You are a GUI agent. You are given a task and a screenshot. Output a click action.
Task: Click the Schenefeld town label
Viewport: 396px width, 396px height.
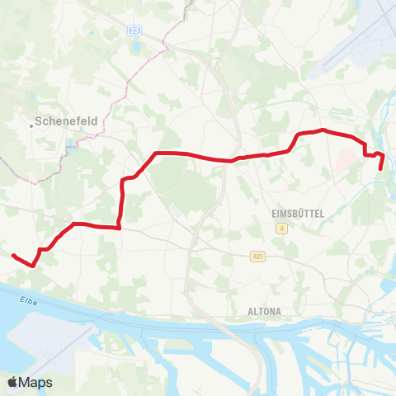point(68,120)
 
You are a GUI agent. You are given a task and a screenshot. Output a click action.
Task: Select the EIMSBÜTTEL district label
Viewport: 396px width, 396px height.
point(298,213)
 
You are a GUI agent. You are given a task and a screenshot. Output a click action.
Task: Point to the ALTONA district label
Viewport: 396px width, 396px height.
point(264,312)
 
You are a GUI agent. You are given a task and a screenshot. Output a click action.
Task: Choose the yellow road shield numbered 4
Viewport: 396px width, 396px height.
point(281,229)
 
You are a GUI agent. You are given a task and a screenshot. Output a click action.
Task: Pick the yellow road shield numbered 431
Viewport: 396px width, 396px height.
point(258,257)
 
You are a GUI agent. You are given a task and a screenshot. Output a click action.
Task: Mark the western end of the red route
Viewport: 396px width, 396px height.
point(13,256)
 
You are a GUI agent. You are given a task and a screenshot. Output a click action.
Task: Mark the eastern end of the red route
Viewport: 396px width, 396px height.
point(381,167)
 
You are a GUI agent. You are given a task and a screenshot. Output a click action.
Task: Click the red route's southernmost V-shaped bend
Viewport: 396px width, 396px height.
point(33,266)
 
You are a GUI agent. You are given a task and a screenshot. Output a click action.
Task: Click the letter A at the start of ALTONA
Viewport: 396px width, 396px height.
point(251,312)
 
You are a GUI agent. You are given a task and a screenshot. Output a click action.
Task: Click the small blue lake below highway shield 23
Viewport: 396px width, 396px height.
point(137,46)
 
